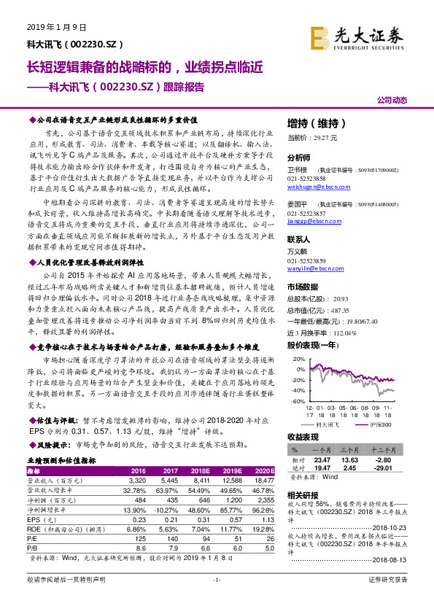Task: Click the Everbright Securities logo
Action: [357, 34]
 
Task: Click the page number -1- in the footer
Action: [216, 599]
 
